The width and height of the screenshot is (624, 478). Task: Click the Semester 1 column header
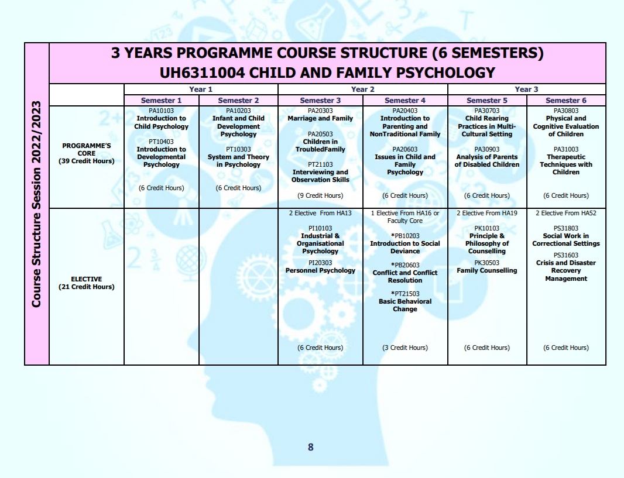coord(162,101)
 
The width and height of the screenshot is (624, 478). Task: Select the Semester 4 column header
coord(405,101)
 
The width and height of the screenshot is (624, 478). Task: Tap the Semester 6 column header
coord(566,101)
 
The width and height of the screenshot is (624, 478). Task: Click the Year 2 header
coord(362,90)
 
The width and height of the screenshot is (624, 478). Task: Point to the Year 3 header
coord(526,90)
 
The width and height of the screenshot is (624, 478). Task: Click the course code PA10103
coord(162,111)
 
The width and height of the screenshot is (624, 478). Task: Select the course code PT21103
coord(320,164)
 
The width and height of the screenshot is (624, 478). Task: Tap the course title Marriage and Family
coord(320,118)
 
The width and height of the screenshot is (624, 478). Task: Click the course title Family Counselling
coord(487,270)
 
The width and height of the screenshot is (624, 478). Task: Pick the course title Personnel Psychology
coord(320,270)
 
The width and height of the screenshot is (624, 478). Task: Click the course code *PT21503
coord(405,294)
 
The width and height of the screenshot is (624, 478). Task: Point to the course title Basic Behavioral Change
coord(405,305)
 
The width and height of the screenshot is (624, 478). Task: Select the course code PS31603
coord(566,255)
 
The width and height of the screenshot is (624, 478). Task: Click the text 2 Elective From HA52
coord(566,213)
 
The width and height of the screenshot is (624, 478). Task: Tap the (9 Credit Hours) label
coord(320,195)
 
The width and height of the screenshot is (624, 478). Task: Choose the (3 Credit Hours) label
coord(405,348)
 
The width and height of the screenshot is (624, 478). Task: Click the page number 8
coord(311,447)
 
